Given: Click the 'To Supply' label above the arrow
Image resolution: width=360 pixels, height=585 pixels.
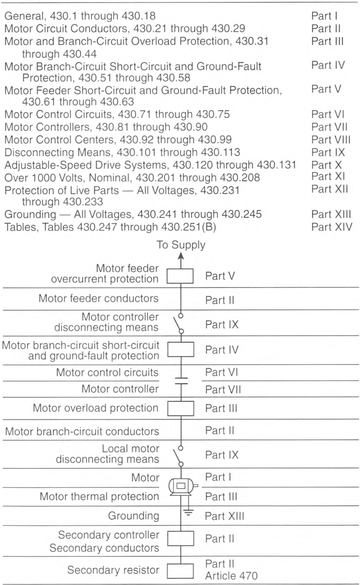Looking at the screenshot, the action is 181,245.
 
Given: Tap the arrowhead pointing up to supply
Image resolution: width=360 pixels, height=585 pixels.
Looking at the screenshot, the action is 181,256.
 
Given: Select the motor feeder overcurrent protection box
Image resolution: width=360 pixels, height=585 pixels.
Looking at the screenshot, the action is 180,276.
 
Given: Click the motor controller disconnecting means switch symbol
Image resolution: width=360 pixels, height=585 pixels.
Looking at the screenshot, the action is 179,323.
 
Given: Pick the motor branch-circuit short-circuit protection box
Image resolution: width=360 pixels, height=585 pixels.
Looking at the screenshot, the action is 181,349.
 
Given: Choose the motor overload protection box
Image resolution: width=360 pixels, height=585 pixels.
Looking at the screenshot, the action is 181,408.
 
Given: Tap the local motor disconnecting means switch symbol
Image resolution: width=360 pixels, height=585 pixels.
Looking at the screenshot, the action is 179,456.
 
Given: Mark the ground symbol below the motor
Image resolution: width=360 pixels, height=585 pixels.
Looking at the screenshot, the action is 188,512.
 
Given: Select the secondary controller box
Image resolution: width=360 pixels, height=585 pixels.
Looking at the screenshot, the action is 181,538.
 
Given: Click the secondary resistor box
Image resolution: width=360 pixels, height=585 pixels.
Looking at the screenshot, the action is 181,571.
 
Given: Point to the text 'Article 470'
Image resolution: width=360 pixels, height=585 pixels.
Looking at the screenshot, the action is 231,576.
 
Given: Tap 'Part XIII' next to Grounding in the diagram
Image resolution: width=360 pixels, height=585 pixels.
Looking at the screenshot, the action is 225,516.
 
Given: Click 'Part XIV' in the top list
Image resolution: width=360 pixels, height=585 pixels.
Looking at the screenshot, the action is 332,227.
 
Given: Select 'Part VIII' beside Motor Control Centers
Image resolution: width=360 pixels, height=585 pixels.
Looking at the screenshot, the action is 331,140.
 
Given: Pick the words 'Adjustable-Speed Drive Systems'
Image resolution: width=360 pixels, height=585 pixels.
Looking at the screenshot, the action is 85,165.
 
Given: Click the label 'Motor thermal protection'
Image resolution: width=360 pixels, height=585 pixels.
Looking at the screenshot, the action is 99,496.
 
